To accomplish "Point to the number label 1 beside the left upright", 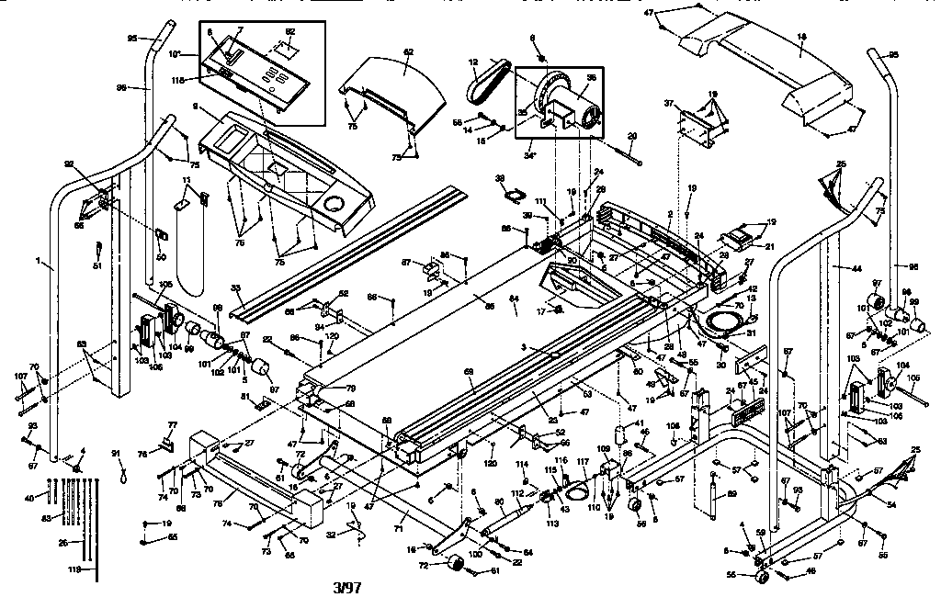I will [x=38, y=263].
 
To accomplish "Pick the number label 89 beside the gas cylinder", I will [x=731, y=495].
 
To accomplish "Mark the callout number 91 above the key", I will [x=116, y=453].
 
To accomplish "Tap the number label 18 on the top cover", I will [x=801, y=37].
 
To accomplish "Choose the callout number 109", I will [x=604, y=448].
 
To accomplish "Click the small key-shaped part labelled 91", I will [x=123, y=475].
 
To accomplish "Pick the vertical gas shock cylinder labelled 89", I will [x=713, y=496].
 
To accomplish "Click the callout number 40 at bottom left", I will [x=30, y=497].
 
